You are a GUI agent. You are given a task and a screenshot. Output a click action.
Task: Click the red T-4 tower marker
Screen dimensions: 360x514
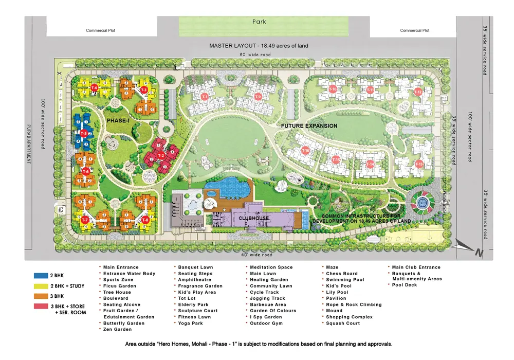[94, 88]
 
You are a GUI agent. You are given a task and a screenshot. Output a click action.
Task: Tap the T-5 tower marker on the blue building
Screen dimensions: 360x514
[84, 133]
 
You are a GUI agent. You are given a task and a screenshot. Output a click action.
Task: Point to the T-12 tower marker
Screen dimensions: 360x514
[418, 92]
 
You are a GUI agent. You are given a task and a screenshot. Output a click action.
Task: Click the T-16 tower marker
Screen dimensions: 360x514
[305, 151]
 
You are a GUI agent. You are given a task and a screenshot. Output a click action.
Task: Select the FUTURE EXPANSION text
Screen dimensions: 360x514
[309, 126]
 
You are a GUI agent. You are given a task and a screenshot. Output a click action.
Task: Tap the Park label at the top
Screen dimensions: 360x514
[259, 22]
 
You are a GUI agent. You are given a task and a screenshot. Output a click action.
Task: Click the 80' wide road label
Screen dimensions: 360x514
[259, 55]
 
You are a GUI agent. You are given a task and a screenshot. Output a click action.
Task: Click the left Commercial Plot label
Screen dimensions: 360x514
[101, 30]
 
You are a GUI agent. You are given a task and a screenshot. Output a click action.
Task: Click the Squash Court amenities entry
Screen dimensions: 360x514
[343, 323]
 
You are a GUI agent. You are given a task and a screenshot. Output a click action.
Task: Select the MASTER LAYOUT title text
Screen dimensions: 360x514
[259, 46]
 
